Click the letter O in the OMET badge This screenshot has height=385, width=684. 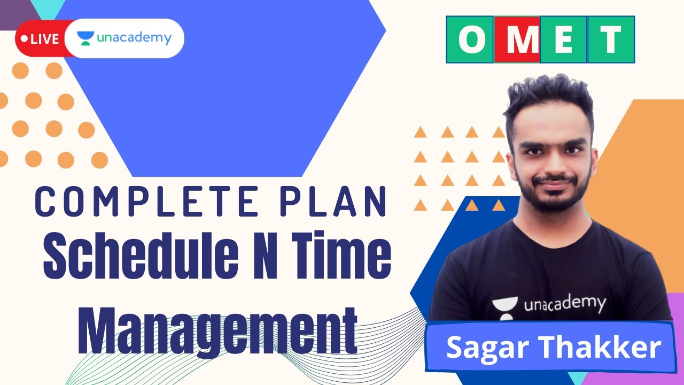[470, 40]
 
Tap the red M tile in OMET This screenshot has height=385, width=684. [517, 40]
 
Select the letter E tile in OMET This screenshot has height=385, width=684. [563, 40]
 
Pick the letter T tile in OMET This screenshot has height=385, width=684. [610, 40]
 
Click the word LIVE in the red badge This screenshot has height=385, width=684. [45, 39]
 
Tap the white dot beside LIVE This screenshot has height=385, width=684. [25, 39]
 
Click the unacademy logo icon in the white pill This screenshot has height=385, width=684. [85, 38]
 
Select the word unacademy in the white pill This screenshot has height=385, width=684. [134, 38]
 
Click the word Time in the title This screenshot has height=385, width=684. [343, 256]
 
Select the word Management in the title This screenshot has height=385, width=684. [217, 326]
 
